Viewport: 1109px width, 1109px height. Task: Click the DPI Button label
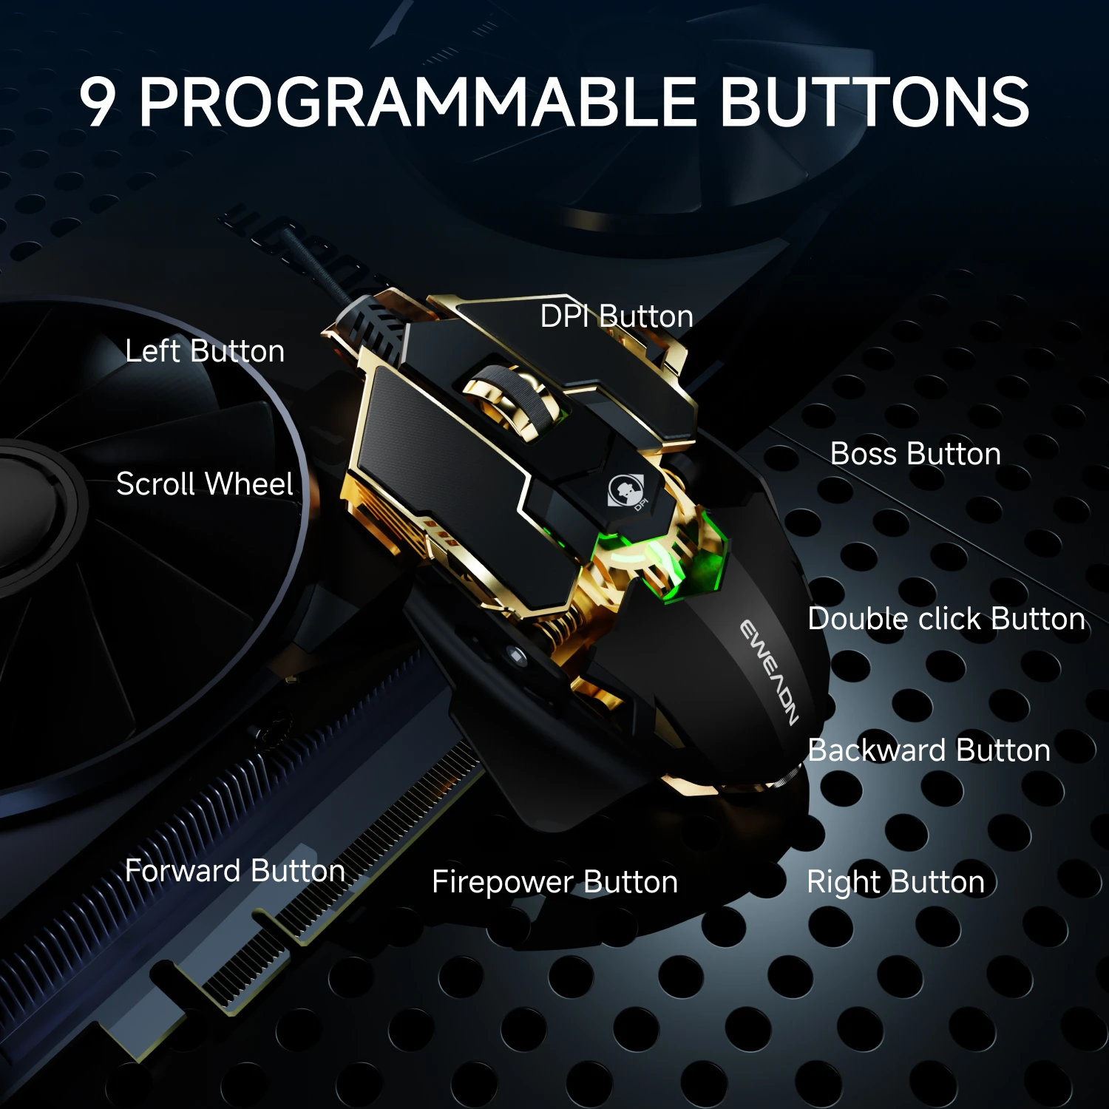[617, 316]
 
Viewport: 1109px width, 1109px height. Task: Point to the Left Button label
[205, 351]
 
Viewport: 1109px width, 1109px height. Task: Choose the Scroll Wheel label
[205, 484]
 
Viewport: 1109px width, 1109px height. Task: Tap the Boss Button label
[915, 454]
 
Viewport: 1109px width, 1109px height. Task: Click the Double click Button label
[946, 619]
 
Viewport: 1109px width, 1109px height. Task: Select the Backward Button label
[929, 750]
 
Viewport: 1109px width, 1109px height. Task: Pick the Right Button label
[895, 882]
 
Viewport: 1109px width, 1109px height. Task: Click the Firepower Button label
[554, 882]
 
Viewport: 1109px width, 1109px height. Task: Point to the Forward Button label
[235, 871]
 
